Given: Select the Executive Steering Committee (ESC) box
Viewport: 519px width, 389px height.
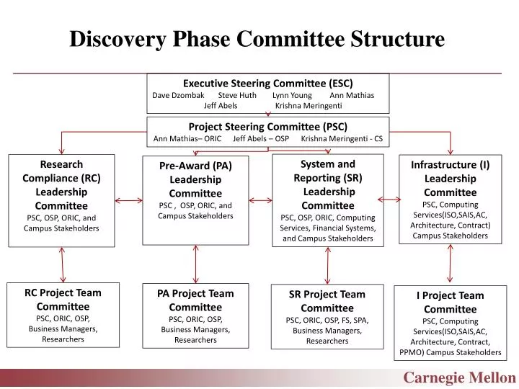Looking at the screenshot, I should click(x=267, y=93).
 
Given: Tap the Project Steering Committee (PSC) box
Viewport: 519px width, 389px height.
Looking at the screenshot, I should click(x=267, y=132).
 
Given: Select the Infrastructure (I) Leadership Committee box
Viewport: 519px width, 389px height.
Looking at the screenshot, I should click(x=450, y=199).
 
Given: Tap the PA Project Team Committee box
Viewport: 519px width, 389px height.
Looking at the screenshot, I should click(x=195, y=316).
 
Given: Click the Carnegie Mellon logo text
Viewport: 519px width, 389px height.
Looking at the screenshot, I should click(x=459, y=377).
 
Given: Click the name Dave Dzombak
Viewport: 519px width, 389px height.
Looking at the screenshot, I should click(x=179, y=95).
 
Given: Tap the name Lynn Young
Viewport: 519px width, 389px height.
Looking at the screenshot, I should click(x=292, y=95).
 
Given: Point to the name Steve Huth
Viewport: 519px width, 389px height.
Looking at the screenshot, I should click(x=237, y=95).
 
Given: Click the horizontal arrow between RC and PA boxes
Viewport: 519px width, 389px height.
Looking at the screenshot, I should click(x=128, y=200).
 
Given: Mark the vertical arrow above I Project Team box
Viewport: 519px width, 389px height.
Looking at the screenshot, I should click(x=451, y=264).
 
